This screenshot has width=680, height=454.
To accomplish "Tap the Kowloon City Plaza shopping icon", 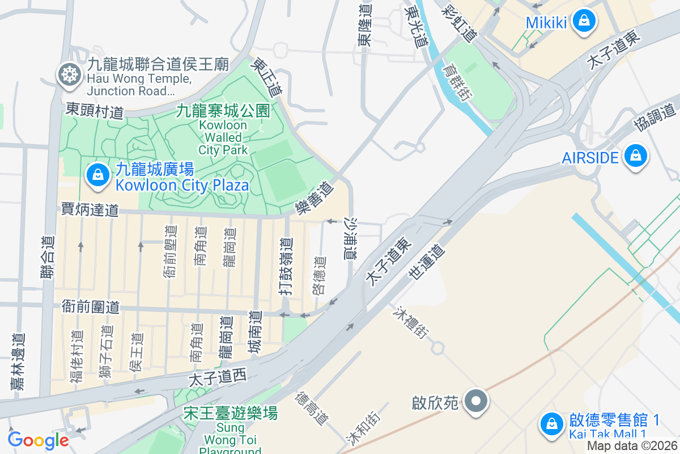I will click(98, 175).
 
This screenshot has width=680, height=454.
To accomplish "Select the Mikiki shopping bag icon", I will click(583, 22).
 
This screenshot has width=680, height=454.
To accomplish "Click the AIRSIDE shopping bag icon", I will click(635, 157).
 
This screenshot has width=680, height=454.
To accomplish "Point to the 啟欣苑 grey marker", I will click(477, 402).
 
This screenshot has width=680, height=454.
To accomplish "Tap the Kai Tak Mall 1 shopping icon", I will click(551, 424).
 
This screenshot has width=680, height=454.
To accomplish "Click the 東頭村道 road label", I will click(95, 111).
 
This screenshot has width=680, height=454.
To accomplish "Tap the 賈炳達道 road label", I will click(91, 210).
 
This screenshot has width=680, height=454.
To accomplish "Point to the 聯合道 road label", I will click(49, 257).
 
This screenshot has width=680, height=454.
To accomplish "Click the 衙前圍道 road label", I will click(91, 308).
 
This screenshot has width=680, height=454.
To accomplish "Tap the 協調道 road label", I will click(655, 117).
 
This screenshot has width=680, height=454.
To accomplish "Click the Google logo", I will click(38, 440).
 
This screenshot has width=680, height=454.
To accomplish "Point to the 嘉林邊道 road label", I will click(19, 361).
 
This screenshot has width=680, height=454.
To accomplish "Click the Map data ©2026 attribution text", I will click(632, 446).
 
